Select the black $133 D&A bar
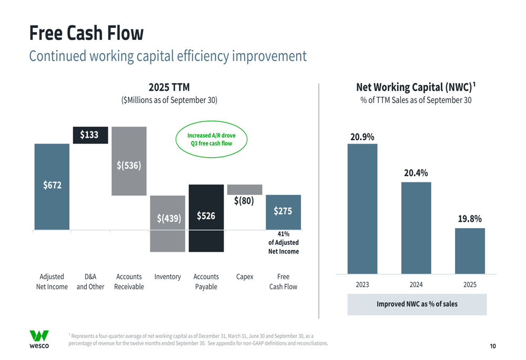click(90, 135)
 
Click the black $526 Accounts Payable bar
click(206, 218)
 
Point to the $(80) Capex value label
click(244, 201)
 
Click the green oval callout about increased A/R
click(211, 139)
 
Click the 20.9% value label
click(362, 137)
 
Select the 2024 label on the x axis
click(416, 285)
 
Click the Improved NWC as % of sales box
click(417, 304)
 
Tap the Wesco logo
click(39, 339)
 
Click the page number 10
click(493, 346)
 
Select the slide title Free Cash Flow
click(86, 33)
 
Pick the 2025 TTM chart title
click(169, 87)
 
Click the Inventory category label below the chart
click(167, 277)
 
